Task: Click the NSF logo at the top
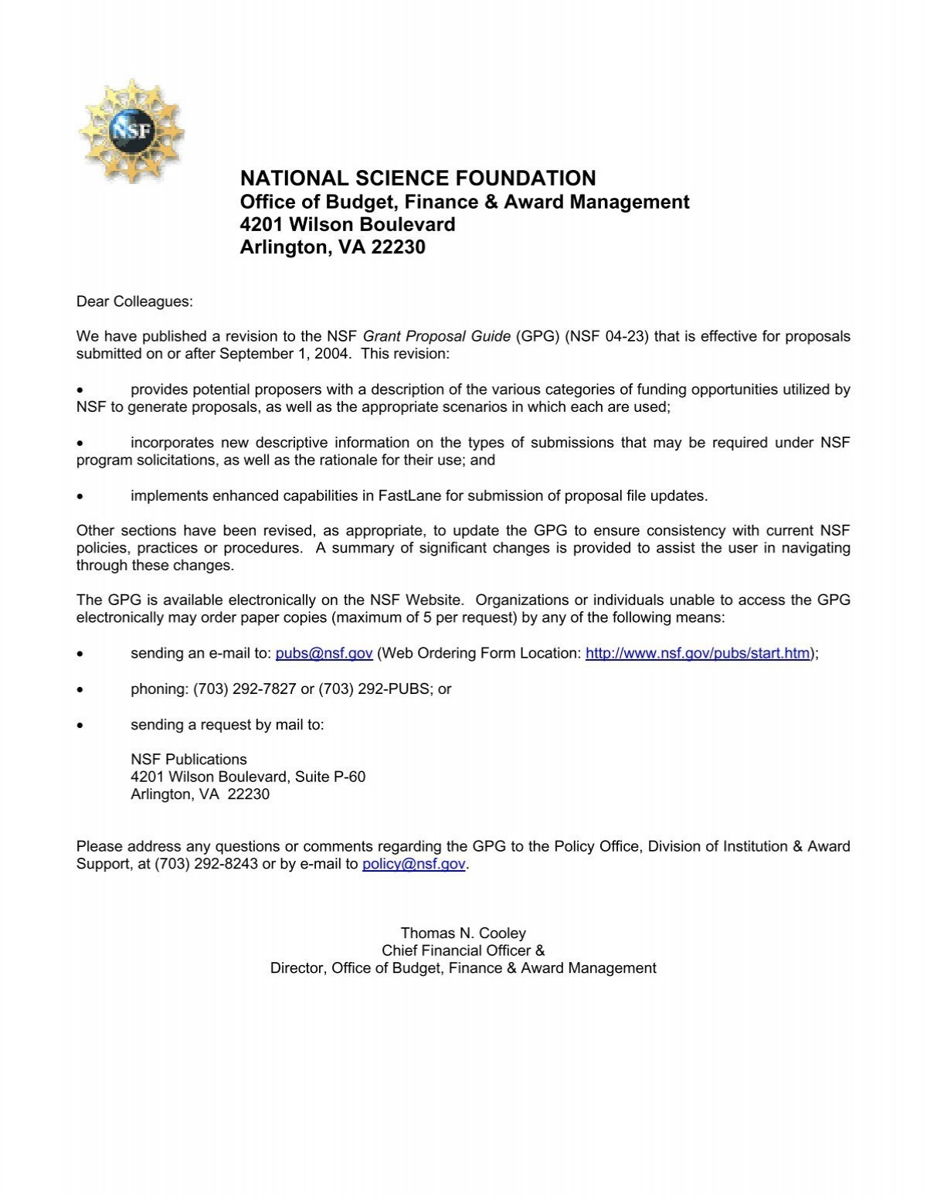[131, 131]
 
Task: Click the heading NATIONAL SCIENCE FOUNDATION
[418, 179]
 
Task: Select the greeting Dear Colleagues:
[134, 301]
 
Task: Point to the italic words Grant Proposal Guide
[436, 336]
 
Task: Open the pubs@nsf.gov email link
[324, 653]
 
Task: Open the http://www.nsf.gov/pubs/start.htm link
[698, 653]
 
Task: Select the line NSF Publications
[188, 759]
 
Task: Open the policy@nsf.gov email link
[413, 864]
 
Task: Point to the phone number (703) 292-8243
[206, 864]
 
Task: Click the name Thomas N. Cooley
[463, 933]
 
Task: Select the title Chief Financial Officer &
[463, 950]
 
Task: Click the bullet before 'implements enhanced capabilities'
[80, 496]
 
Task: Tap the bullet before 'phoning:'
[80, 689]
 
